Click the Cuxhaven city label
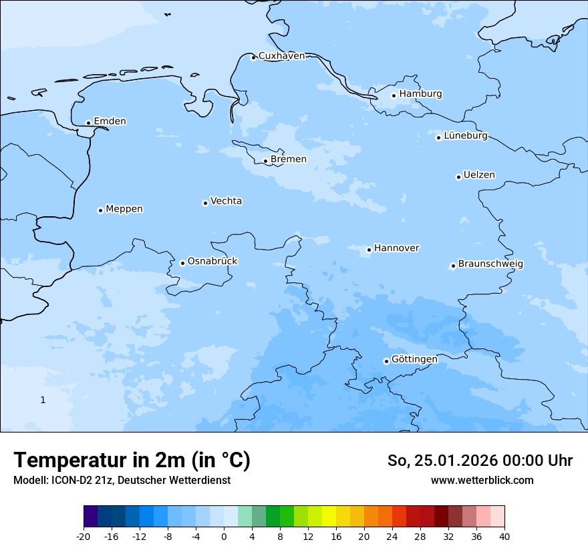pyautogui.click(x=281, y=56)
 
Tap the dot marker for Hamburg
pyautogui.click(x=394, y=95)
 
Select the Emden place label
pyautogui.click(x=110, y=121)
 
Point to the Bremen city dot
pyautogui.click(x=265, y=161)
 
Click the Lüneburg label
pyautogui.click(x=465, y=136)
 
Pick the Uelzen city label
pyautogui.click(x=479, y=176)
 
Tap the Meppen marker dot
pyautogui.click(x=100, y=210)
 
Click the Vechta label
pyautogui.click(x=226, y=201)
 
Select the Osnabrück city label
pyautogui.click(x=212, y=261)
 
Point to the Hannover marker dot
pyautogui.click(x=369, y=250)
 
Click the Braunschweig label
pyautogui.click(x=490, y=264)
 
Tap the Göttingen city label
pyautogui.click(x=414, y=360)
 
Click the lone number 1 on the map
pyautogui.click(x=43, y=400)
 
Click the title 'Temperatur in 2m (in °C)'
pyautogui.click(x=132, y=460)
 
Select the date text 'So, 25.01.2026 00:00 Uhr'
pyautogui.click(x=480, y=461)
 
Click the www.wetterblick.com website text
pyautogui.click(x=482, y=481)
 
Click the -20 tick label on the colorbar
pyautogui.click(x=84, y=537)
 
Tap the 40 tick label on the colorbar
pyautogui.click(x=504, y=537)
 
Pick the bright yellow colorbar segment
pyautogui.click(x=329, y=517)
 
